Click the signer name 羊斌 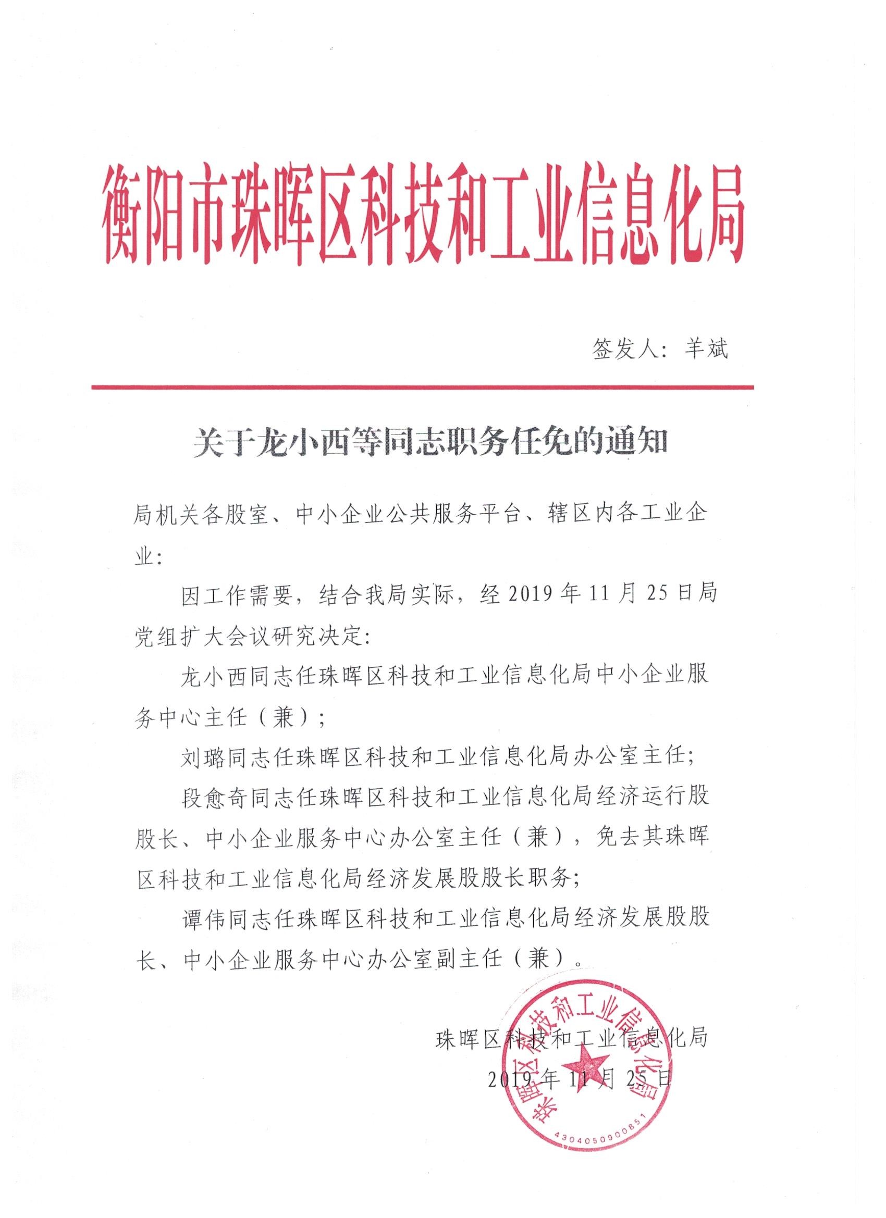point(705,350)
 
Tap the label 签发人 point(625,350)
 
